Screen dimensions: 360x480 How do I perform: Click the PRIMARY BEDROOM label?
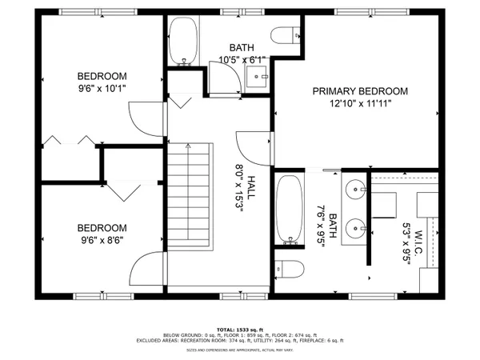(x=360, y=91)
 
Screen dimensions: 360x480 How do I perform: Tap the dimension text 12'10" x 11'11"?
(x=360, y=103)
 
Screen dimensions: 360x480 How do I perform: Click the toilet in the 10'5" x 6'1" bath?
(x=285, y=36)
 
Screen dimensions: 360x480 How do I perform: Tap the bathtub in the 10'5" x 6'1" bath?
(x=183, y=41)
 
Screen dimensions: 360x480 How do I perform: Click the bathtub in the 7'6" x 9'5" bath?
(x=289, y=210)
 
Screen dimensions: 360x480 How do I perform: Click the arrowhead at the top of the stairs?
(x=187, y=146)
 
